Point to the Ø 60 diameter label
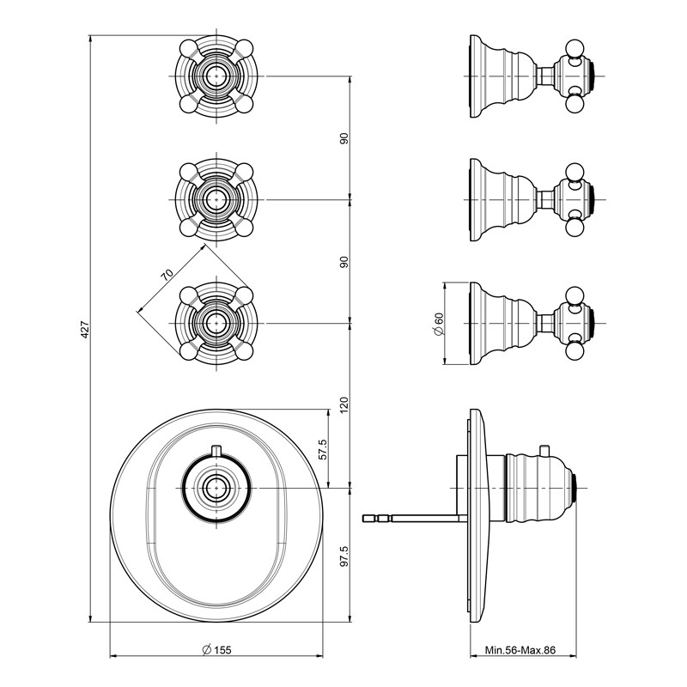pos(439,325)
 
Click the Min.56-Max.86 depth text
pos(520,650)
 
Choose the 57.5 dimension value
pos(323,450)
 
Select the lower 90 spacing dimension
pos(344,262)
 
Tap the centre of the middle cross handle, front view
pos(216,199)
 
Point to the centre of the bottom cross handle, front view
pos(216,323)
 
